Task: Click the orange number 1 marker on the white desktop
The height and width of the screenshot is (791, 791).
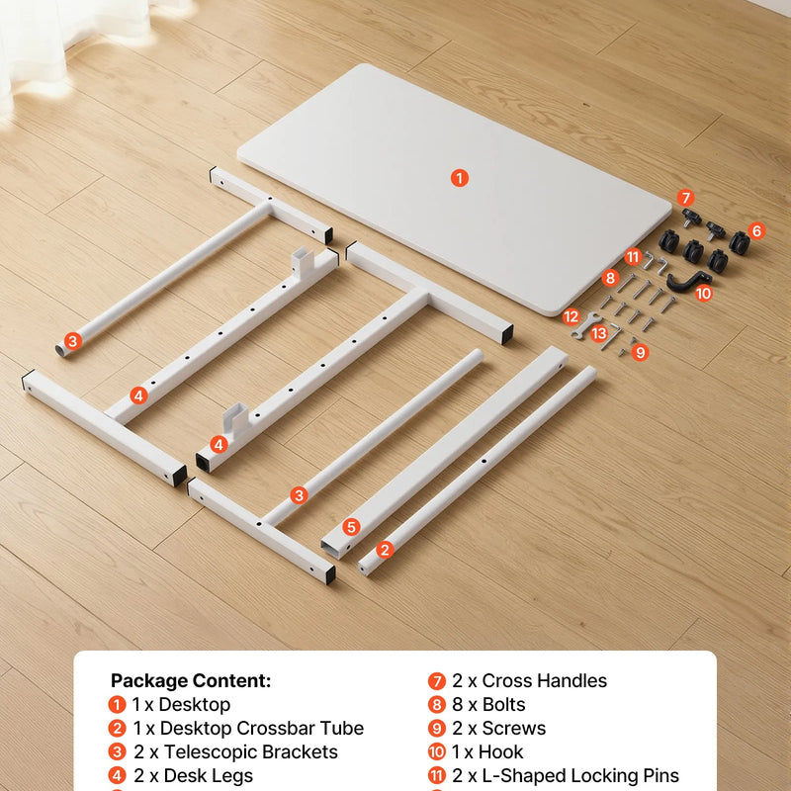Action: tap(460, 178)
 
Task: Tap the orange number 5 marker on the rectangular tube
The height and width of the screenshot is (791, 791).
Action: tap(352, 527)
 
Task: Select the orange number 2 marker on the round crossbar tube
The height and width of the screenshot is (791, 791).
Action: tap(385, 550)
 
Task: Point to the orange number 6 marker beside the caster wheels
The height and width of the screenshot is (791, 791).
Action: tap(756, 231)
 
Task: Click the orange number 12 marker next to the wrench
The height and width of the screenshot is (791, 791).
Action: tap(571, 316)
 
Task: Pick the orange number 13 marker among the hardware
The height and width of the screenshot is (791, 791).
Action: tap(599, 333)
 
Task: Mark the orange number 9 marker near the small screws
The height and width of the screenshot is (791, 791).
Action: tap(640, 352)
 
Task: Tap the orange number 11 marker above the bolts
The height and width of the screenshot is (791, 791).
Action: tap(633, 257)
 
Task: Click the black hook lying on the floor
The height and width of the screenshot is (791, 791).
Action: tap(687, 281)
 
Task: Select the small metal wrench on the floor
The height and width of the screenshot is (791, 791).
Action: tap(585, 325)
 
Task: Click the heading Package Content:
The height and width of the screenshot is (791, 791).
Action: tap(191, 680)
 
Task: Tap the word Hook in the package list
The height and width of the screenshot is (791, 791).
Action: tap(500, 751)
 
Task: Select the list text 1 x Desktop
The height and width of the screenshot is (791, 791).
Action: tap(181, 704)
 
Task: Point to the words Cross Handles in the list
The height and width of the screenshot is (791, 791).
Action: tap(545, 680)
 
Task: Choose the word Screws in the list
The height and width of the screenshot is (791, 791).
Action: tap(513, 728)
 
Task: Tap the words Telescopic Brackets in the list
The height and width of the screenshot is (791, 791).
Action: tap(251, 751)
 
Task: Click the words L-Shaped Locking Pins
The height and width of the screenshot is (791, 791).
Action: tap(580, 775)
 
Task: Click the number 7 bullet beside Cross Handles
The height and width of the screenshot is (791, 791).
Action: tap(437, 681)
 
